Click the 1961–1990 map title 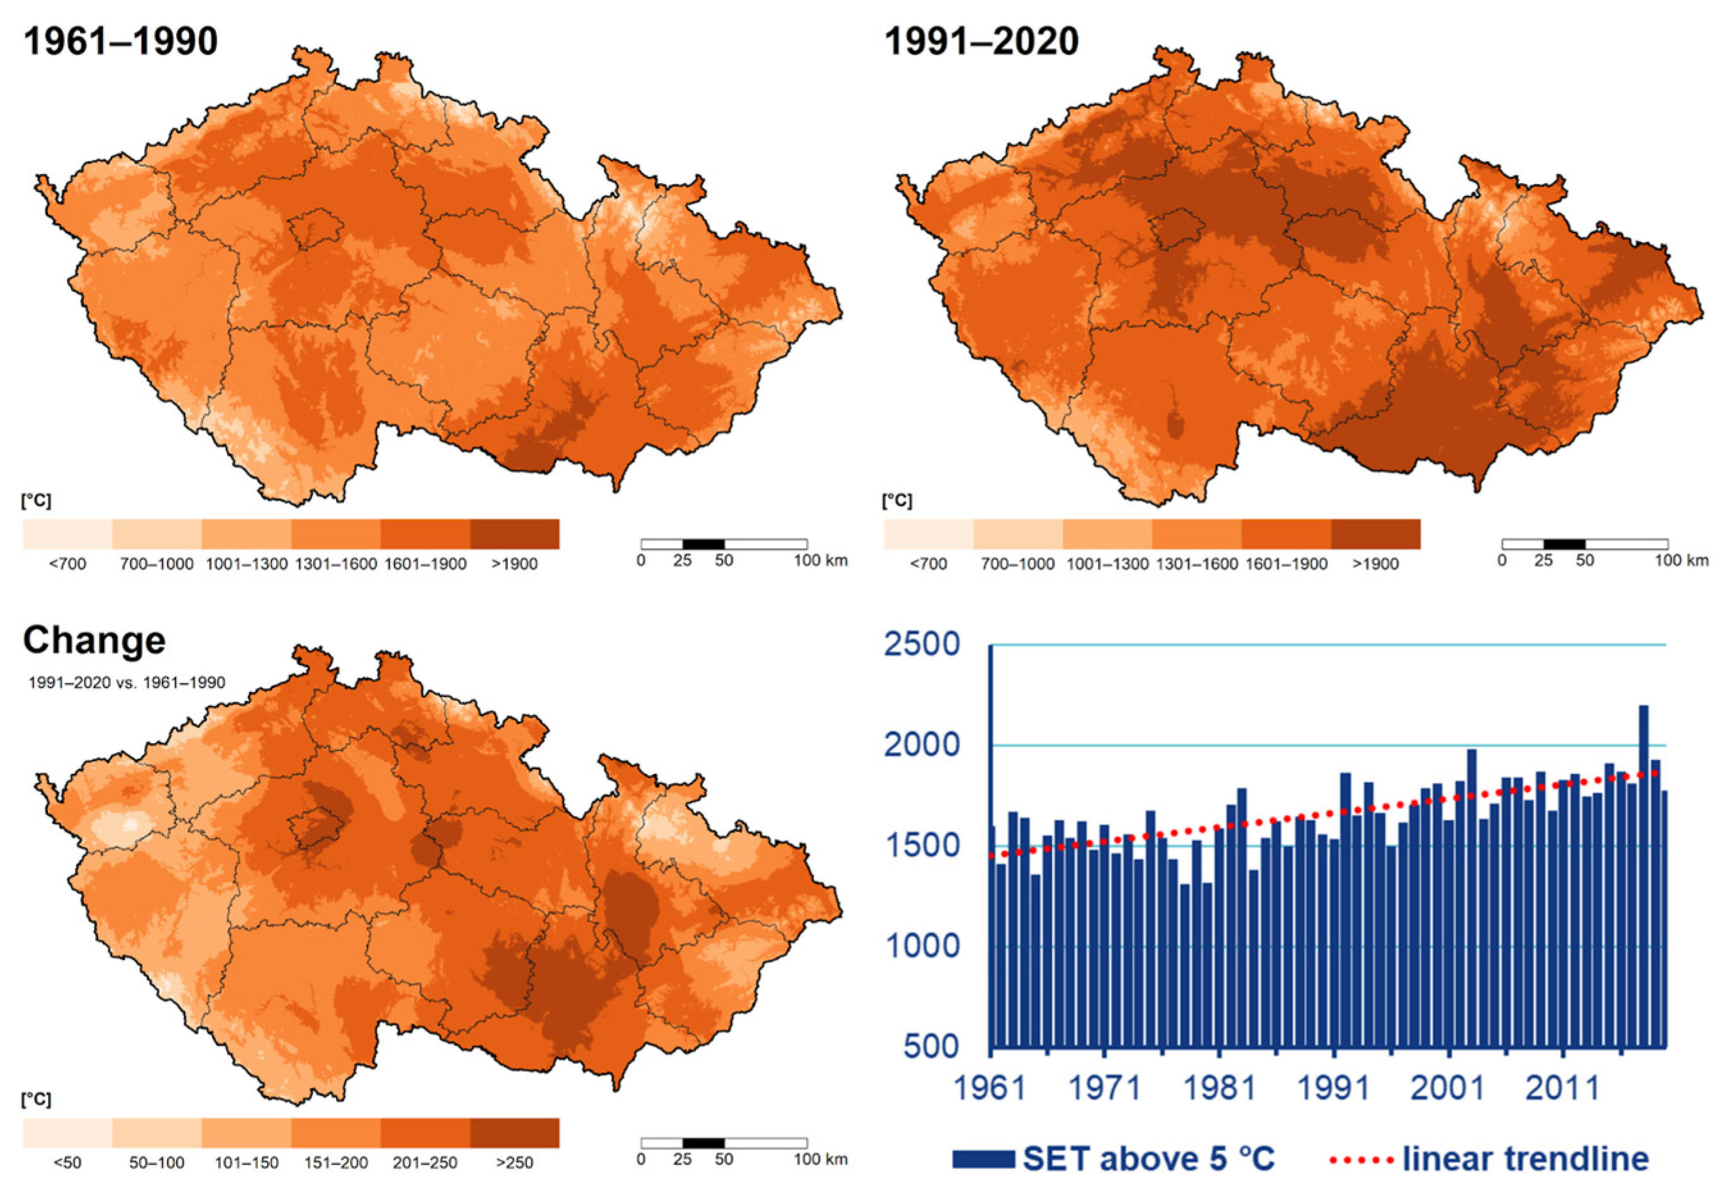click(120, 40)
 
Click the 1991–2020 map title click(981, 40)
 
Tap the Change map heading click(94, 640)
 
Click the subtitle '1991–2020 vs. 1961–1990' click(126, 682)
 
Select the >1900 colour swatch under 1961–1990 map click(515, 534)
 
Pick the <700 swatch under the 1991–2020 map click(928, 534)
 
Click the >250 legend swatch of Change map click(515, 1133)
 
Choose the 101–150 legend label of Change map click(246, 1163)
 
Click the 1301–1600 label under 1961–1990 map click(336, 564)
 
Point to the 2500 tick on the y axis click(921, 645)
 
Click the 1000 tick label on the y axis click(921, 946)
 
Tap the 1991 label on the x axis click(1334, 1088)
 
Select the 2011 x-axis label click(1562, 1088)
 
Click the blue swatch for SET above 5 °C click(983, 1159)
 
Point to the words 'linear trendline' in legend click(1526, 1159)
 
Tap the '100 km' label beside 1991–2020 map click(1682, 560)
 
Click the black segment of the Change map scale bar click(704, 1143)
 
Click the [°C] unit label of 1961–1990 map click(36, 501)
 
